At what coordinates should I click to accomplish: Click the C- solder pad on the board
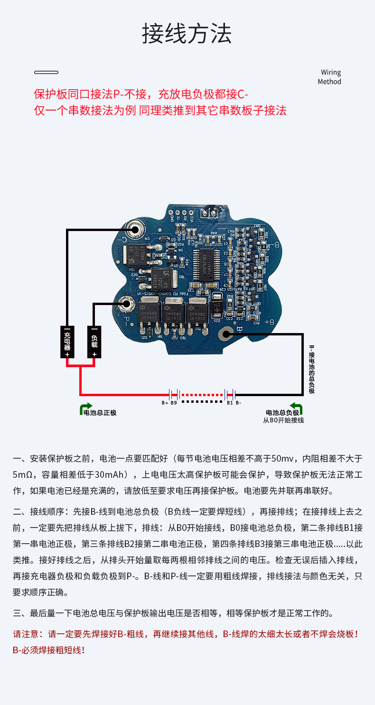[x=135, y=230]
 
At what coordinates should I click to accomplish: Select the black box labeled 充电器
[x=67, y=342]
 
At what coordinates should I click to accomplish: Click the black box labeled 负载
[x=94, y=342]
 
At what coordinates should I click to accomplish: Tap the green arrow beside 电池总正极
[x=86, y=408]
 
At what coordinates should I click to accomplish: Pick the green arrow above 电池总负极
[x=297, y=407]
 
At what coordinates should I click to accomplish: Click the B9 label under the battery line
[x=174, y=403]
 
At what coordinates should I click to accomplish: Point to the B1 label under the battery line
[x=229, y=403]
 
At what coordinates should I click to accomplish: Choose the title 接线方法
[x=187, y=34]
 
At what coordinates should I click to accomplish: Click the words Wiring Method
[x=330, y=77]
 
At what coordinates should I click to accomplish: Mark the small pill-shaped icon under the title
[x=46, y=73]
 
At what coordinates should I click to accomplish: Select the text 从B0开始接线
[x=283, y=420]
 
